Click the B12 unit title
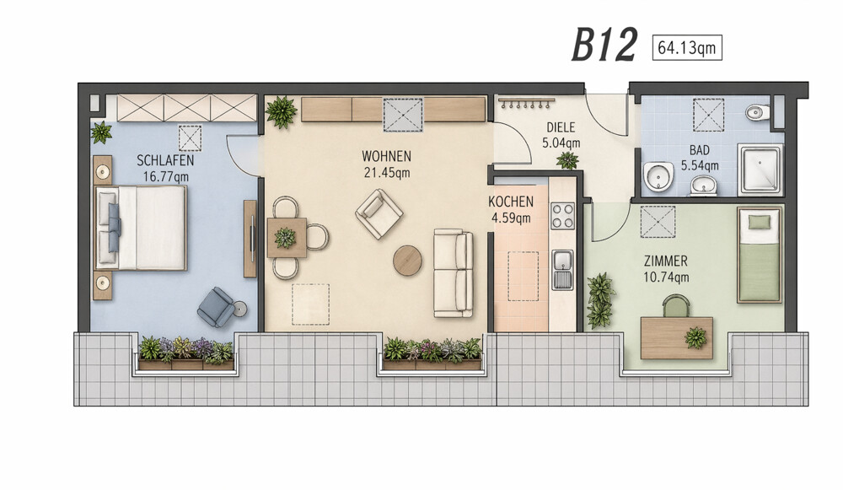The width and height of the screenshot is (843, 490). point(604,45)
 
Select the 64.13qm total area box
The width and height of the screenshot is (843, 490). point(686,48)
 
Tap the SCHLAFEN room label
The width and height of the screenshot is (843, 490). point(165,160)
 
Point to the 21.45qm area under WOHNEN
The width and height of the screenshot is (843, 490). point(387,173)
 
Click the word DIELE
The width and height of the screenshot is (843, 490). point(561,127)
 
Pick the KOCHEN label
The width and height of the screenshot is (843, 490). point(511,202)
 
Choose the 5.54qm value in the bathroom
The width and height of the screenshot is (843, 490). point(700,165)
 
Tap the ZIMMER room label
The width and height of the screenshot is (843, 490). point(666,261)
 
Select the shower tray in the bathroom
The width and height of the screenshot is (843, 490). point(760,169)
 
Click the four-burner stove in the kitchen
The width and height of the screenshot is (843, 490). point(562,216)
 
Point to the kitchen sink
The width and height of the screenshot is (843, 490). point(563,269)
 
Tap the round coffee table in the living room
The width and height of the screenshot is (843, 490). point(407,261)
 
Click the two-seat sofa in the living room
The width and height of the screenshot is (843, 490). point(454,273)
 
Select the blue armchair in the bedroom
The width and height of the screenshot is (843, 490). point(217,307)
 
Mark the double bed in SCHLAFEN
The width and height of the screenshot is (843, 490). point(141,228)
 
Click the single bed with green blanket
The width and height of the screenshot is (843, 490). point(760,255)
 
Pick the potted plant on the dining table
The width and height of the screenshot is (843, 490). point(285,237)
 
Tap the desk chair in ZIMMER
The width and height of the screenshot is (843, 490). point(676,307)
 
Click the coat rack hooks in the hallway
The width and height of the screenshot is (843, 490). point(526,103)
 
